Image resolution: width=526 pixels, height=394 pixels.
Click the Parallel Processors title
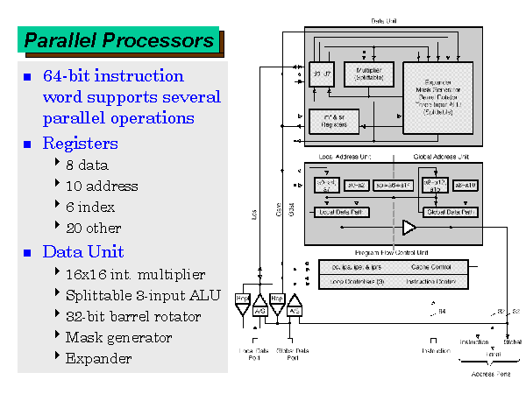(118, 40)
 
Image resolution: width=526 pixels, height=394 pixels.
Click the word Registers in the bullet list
(80, 143)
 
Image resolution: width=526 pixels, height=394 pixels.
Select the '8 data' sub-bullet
(87, 165)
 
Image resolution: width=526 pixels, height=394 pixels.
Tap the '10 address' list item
(101, 186)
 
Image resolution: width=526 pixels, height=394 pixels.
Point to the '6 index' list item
(90, 208)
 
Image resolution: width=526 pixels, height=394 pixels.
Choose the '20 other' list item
(94, 229)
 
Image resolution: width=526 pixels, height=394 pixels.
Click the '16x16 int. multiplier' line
(135, 274)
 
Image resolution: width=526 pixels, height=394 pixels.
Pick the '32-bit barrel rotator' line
(132, 316)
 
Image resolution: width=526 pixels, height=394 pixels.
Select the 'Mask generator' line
(118, 337)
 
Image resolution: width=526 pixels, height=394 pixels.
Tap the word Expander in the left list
(98, 358)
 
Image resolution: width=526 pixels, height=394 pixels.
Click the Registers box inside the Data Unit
(329, 122)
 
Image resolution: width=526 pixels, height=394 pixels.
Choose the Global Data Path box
(449, 212)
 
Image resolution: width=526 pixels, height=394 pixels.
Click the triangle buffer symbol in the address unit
(409, 229)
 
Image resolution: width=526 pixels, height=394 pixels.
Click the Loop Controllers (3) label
(352, 282)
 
